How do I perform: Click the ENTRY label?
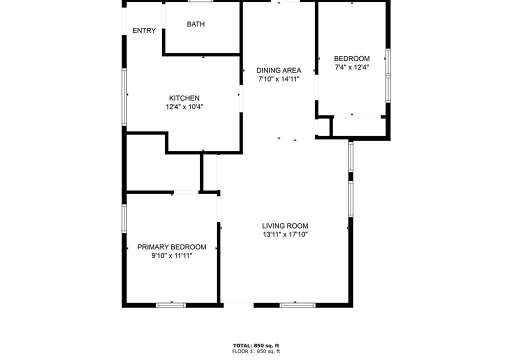(144, 30)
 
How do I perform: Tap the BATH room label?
(196, 24)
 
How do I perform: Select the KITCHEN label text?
(184, 98)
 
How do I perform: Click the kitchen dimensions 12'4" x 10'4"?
(184, 107)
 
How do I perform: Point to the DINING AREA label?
(278, 70)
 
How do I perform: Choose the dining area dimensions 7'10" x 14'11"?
(278, 79)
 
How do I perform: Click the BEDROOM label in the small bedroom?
(351, 59)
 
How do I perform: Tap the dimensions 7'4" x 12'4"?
(351, 67)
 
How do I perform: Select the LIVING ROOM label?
(285, 225)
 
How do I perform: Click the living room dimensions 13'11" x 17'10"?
(285, 234)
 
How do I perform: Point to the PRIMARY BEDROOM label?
(172, 247)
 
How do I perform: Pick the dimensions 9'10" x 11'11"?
(172, 256)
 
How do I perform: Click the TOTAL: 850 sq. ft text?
(256, 345)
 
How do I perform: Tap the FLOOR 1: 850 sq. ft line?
(256, 351)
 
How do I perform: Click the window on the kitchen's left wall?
(124, 96)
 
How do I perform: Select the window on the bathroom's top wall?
(200, 1)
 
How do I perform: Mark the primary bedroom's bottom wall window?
(171, 305)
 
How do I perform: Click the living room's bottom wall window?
(297, 305)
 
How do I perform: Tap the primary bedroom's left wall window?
(124, 218)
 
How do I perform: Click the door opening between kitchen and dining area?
(241, 99)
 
